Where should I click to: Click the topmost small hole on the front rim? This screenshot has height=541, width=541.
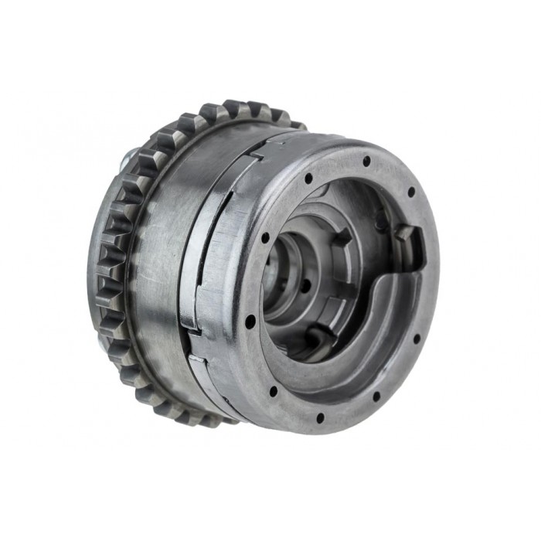366,161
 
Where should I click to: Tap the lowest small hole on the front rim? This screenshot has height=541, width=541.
319,418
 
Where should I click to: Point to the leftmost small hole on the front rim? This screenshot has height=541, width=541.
251,319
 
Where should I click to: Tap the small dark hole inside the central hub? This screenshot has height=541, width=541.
306,285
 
